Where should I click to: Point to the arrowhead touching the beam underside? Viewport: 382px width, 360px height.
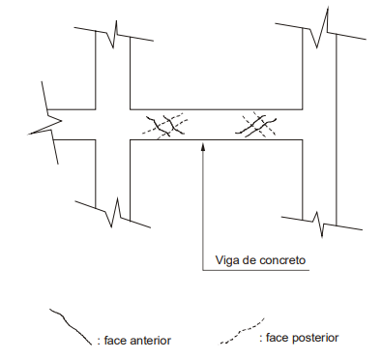[x=203, y=146]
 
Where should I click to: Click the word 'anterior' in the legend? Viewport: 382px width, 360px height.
[x=151, y=341]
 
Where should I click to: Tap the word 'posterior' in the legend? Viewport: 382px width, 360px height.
[x=315, y=338]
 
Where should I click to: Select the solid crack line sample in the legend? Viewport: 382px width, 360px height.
[x=71, y=326]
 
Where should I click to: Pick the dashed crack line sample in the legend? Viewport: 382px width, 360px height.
[x=242, y=331]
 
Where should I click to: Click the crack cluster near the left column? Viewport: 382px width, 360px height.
[x=165, y=126]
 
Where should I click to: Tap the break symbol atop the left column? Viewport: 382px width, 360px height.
[x=113, y=34]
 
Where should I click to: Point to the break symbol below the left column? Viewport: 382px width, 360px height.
[x=113, y=213]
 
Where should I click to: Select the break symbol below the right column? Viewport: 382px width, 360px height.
[x=322, y=224]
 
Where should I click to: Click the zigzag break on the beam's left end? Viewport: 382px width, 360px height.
[x=45, y=123]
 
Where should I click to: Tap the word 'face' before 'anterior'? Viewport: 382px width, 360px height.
[x=115, y=341]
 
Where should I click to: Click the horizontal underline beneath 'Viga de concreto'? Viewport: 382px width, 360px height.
[x=255, y=270]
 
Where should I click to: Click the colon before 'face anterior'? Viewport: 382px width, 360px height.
[x=99, y=342]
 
